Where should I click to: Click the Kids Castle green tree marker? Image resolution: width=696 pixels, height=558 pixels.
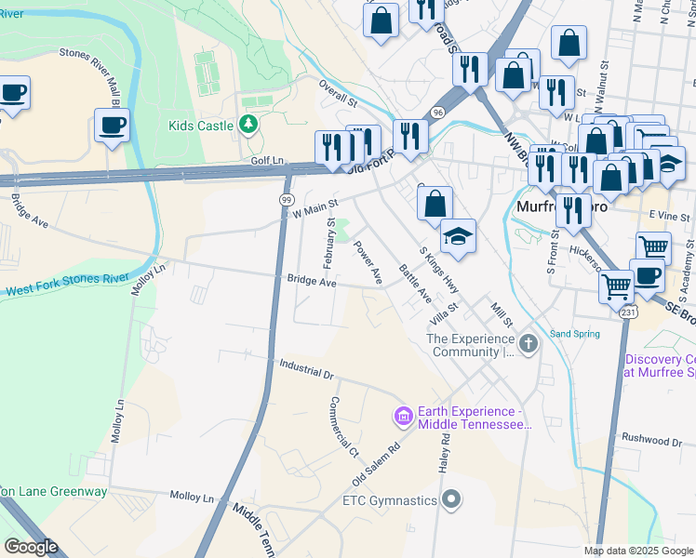(248, 124)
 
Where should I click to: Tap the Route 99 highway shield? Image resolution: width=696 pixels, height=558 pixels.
(288, 200)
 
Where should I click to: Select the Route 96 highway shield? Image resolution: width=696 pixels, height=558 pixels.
(437, 112)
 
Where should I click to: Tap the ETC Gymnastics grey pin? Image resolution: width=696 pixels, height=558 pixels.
(451, 500)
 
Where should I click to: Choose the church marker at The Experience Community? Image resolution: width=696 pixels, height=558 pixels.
(529, 345)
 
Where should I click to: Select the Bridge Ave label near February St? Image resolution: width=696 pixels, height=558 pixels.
(311, 281)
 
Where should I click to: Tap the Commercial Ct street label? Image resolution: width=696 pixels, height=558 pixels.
(342, 428)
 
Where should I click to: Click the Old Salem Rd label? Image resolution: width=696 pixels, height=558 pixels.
(375, 463)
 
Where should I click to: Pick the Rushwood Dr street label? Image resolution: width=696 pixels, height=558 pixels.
(651, 440)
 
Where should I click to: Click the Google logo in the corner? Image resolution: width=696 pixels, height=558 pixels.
(30, 547)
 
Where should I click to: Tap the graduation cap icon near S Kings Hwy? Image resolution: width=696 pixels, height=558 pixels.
(458, 236)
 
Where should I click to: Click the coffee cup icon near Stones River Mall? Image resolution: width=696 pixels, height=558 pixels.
(111, 126)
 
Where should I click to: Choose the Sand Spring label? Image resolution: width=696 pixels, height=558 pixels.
(573, 333)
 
